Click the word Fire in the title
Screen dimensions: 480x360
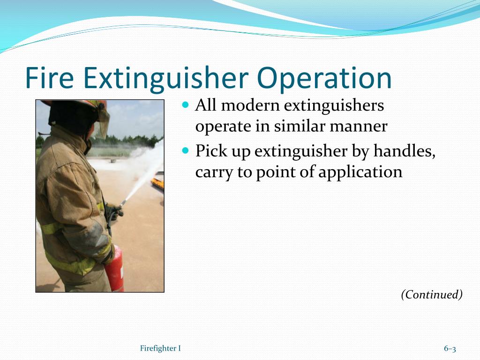49,78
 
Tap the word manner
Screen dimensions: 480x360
359,127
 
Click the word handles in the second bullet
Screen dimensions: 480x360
405,151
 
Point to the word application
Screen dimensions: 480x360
360,172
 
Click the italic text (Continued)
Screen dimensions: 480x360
432,294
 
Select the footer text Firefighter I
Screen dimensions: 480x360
160,348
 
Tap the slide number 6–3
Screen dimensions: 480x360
450,349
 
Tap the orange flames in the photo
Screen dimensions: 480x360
157,184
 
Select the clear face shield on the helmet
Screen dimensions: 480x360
102,120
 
